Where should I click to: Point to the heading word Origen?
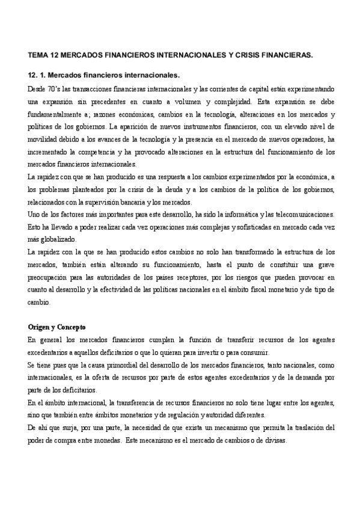click(x=41, y=327)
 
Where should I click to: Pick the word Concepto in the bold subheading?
click(x=72, y=327)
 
